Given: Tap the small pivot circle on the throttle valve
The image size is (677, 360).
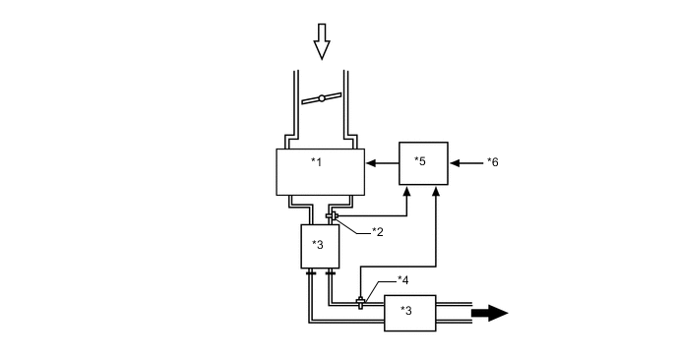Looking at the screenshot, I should (321, 99).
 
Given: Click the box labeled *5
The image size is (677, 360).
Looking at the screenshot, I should (423, 161).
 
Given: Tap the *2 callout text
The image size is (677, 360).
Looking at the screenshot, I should (378, 231).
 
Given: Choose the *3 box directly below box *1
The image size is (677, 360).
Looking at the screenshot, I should (319, 245).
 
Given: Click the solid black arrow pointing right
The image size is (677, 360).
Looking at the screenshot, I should (490, 313).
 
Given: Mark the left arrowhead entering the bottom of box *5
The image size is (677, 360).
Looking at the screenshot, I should (408, 192).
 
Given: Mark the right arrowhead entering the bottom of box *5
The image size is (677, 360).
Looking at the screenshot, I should (436, 192).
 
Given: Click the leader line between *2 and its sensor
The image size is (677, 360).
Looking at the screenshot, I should (354, 224).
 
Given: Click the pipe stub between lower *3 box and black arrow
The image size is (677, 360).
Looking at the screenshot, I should (454, 313).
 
